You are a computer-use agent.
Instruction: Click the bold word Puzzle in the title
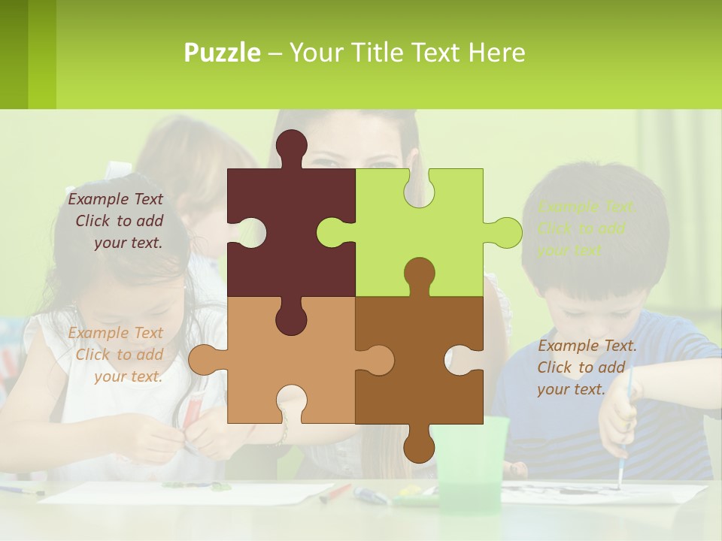click(x=222, y=53)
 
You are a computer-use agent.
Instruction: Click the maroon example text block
click(x=117, y=221)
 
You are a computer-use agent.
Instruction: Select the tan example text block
click(x=117, y=355)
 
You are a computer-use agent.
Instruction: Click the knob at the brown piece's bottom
click(x=419, y=446)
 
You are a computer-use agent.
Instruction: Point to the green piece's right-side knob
click(x=505, y=233)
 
